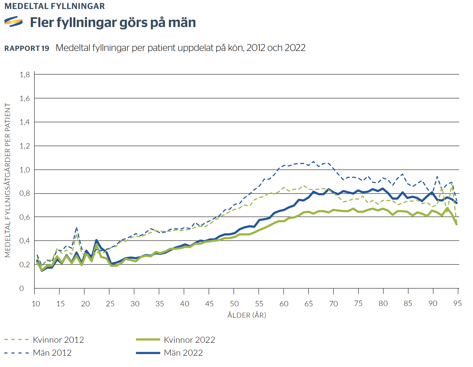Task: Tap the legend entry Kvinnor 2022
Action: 190,340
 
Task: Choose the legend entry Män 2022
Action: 183,353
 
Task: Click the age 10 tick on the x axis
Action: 34,304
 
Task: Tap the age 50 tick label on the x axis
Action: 234,304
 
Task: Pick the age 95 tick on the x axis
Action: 458,304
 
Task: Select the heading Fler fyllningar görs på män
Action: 113,23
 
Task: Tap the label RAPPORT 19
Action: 27,48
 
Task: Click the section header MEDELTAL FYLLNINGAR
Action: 54,6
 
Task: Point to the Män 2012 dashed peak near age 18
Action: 76,227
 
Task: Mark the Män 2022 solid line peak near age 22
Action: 96,240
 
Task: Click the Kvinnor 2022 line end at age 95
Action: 457,224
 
